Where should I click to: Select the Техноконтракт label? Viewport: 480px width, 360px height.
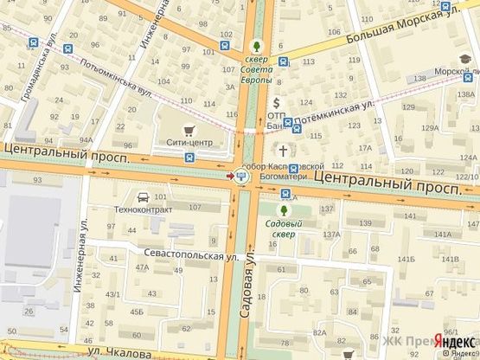tap(144, 209)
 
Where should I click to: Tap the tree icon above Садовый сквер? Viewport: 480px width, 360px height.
tap(284, 209)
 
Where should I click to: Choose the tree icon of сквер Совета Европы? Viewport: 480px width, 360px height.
tap(255, 46)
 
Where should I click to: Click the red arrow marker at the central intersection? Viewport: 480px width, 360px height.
tap(229, 176)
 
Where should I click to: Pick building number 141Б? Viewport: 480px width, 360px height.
tap(450, 259)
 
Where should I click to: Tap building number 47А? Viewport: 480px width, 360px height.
tap(142, 268)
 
